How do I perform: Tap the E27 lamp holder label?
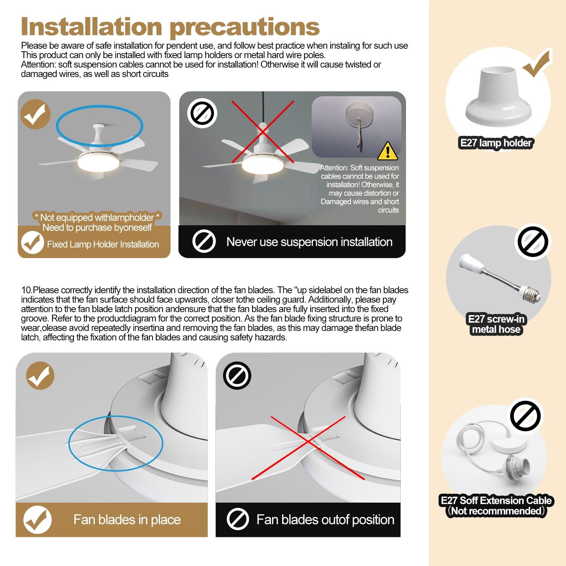(496, 143)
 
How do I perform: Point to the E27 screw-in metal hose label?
(496, 324)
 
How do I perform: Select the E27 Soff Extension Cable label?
(496, 506)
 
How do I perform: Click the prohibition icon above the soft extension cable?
(525, 416)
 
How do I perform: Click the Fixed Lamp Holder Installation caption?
(103, 244)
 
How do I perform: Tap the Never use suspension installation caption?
(309, 241)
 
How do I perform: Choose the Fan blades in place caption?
(127, 520)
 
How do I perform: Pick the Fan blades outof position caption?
(325, 520)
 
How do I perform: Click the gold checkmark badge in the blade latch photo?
(40, 375)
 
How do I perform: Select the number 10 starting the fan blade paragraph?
(26, 290)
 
